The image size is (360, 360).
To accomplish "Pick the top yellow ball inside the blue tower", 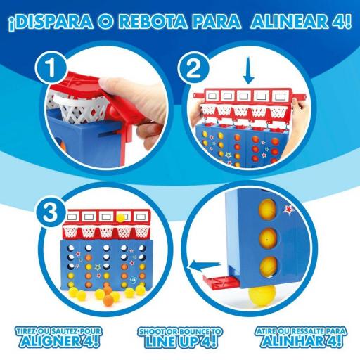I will [x=269, y=209].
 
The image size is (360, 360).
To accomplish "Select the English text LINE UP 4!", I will [x=179, y=342].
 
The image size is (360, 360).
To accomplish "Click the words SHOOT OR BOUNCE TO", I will [x=179, y=330].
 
